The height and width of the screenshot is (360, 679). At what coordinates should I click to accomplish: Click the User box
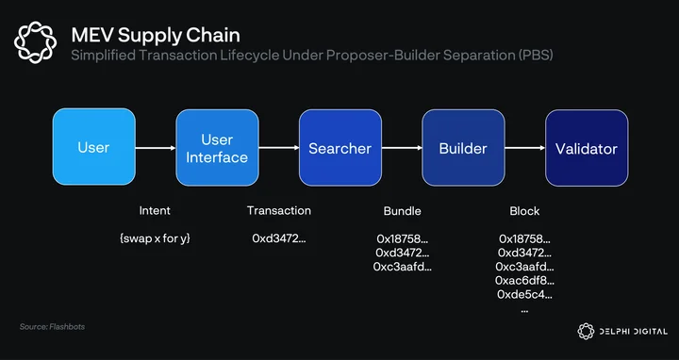pos(94,147)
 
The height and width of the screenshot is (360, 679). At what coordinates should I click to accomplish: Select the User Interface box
pos(217,148)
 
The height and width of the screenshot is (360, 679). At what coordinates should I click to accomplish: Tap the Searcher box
pos(340,148)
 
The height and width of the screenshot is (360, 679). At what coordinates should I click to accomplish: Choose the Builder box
pos(463,148)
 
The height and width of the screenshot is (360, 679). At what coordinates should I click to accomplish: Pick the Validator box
pos(587,148)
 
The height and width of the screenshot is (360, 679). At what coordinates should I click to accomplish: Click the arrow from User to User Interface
pos(156,148)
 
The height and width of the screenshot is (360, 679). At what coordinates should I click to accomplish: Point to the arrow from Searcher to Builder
pos(402,148)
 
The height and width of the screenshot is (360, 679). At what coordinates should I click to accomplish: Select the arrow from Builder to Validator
pos(525,148)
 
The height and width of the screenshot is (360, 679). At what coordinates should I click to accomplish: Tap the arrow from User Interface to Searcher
pos(279,148)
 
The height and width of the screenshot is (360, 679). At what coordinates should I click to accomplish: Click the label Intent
pos(155,211)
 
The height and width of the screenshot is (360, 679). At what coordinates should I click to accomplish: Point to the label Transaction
pos(279,211)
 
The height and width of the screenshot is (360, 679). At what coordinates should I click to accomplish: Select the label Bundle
pos(403,211)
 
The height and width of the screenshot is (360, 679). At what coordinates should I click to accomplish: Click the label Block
pos(525,211)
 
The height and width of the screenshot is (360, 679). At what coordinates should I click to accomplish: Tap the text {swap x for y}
pos(155,238)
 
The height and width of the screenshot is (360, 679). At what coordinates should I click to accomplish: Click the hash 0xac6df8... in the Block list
pos(525,281)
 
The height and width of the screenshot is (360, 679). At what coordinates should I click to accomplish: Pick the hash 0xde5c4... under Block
pos(525,295)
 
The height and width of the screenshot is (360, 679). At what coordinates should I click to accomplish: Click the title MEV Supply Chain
pos(156,35)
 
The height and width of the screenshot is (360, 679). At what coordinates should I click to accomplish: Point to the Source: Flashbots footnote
pos(52,327)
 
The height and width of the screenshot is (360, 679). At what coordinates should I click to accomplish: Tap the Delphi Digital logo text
pos(633,332)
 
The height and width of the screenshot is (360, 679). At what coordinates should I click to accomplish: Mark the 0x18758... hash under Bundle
pos(403,238)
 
